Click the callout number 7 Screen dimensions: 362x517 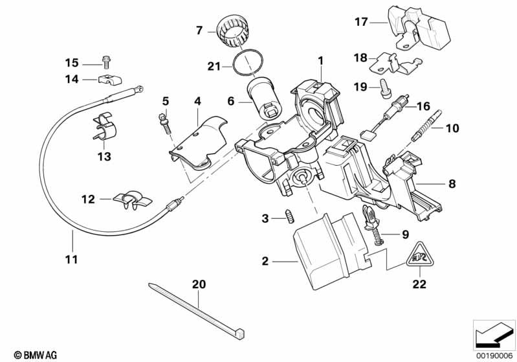[199, 29]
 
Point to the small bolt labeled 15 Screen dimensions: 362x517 [105, 63]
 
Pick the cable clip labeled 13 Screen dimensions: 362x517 [105, 127]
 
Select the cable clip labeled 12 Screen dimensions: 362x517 [129, 199]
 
